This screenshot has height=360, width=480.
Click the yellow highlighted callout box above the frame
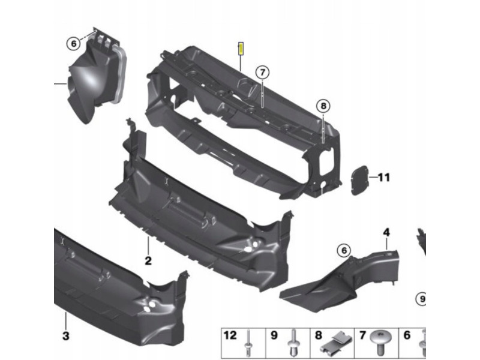pyautogui.click(x=241, y=49)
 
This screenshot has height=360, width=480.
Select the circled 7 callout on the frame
pyautogui.click(x=262, y=73)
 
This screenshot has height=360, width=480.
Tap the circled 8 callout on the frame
pyautogui.click(x=323, y=106)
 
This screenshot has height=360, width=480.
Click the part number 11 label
pyautogui.click(x=384, y=177)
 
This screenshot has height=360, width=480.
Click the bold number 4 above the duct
pyautogui.click(x=386, y=232)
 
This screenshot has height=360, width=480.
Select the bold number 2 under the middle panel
pyautogui.click(x=148, y=261)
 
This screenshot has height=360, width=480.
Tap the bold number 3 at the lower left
pyautogui.click(x=66, y=336)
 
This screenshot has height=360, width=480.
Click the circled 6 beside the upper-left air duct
pyautogui.click(x=73, y=44)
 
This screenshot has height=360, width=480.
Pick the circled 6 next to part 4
pyautogui.click(x=344, y=251)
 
